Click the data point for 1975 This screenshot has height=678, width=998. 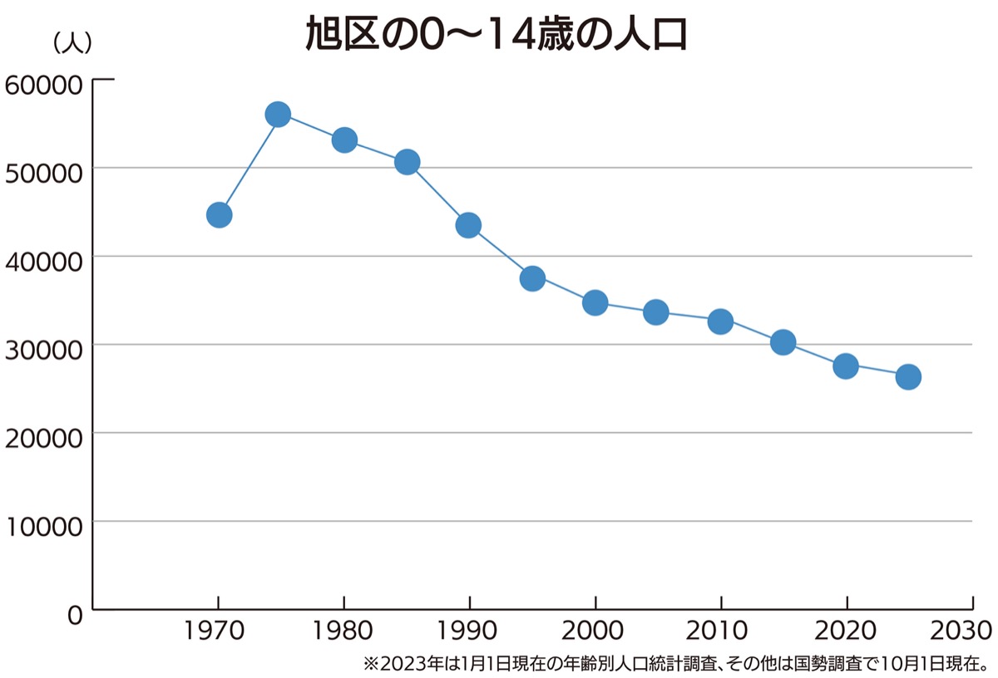278,115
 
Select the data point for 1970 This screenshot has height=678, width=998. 219,215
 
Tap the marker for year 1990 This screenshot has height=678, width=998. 468,225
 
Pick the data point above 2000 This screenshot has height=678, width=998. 595,302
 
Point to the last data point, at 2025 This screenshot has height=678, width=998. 908,377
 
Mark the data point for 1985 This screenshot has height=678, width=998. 407,162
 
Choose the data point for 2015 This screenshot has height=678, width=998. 783,342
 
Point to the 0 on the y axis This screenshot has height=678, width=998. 75,616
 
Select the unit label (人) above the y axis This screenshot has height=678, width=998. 72,43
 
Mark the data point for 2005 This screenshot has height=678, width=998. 656,312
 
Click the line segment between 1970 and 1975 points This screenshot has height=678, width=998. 249,165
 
